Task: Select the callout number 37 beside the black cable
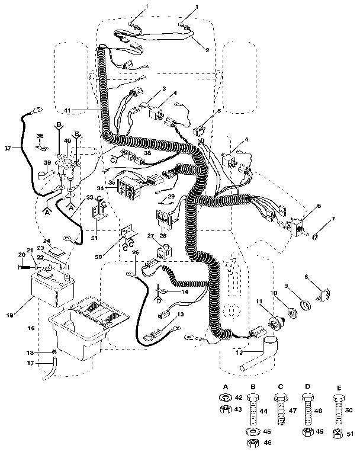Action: (x=7, y=148)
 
